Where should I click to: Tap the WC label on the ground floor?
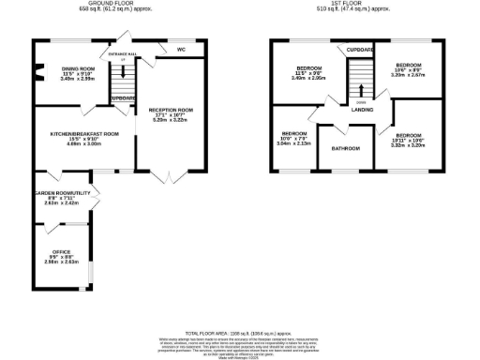(x=181, y=49)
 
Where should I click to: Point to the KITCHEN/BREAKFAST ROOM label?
(x=84, y=134)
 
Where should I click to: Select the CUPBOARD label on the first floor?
(x=360, y=49)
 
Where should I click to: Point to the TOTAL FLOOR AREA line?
(x=240, y=333)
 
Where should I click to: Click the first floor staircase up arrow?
(x=362, y=91)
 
